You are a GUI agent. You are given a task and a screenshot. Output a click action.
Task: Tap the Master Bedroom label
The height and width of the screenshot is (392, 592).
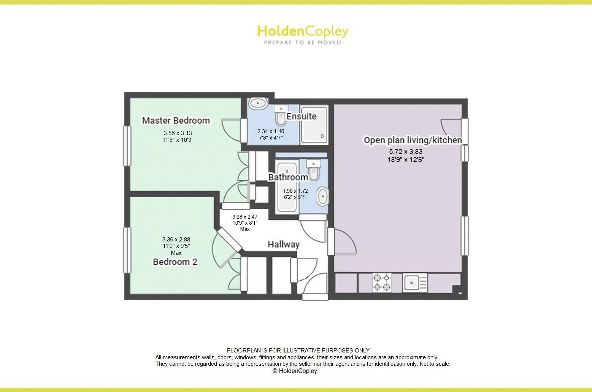coord(176,121)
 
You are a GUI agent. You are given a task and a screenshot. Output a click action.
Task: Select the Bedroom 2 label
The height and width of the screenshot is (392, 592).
coord(175,262)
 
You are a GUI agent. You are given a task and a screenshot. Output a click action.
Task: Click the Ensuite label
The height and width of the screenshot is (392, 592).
coord(301,116)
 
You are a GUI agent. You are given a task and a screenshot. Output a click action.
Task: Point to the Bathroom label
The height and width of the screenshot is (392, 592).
coord(288,177)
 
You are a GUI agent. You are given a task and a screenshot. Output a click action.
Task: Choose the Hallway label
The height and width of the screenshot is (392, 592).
coord(283,244)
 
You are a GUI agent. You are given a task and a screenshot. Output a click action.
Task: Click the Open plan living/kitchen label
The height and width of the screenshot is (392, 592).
coord(413,140)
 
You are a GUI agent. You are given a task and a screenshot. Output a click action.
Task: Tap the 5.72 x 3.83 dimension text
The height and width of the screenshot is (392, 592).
coord(406,152)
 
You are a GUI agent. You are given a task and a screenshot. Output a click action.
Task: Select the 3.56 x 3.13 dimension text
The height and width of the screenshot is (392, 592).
coord(178,133)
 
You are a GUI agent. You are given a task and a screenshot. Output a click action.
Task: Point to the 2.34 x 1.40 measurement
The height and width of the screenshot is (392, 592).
coord(270,131)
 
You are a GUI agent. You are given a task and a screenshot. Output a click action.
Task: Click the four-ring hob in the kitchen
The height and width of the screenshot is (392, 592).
coord(382,283)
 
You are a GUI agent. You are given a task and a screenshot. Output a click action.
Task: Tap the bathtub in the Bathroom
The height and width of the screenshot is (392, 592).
coord(287,187)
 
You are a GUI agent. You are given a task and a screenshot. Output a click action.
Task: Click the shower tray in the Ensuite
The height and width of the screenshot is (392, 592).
coord(314,125)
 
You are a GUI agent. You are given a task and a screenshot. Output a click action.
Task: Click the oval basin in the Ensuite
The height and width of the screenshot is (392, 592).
coord(258,103)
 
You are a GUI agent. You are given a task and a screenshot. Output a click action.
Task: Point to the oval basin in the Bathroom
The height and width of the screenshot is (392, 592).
coord(322,196)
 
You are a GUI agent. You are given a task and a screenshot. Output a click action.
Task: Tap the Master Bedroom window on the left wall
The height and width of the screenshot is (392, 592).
coord(127,145)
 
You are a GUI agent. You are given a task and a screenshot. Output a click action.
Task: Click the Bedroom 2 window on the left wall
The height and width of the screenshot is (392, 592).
coord(127,250)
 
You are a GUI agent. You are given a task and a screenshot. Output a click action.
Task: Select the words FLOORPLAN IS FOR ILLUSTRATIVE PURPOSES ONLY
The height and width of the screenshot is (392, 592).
coord(298,351)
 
